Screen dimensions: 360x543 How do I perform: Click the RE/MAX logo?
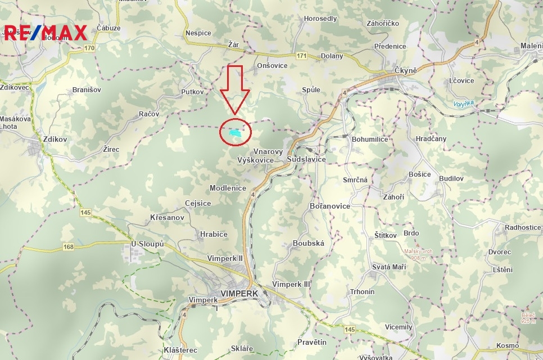click(x=45, y=33)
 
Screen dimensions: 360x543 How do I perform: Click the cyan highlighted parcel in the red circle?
click(x=236, y=133)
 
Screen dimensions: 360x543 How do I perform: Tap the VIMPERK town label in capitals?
click(x=239, y=294)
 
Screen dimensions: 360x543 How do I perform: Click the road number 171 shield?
click(x=302, y=56)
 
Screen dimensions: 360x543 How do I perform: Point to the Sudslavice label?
click(x=306, y=160)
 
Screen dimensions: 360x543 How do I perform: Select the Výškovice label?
click(x=256, y=160)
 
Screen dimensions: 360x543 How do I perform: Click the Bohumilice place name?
click(x=369, y=139)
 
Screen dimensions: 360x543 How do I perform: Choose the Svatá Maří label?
click(x=389, y=267)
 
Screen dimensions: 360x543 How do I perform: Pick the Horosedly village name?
click(x=320, y=19)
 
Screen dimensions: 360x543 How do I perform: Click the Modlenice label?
click(x=228, y=188)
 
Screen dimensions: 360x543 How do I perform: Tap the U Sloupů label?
click(x=147, y=244)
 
